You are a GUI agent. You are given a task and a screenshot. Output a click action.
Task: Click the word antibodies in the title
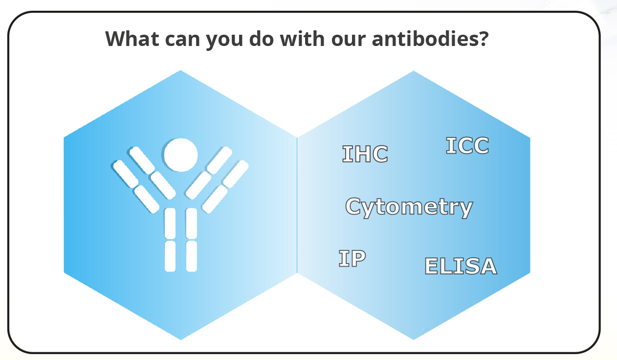click(x=424, y=38)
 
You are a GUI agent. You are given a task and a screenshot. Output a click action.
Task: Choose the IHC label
click(x=365, y=154)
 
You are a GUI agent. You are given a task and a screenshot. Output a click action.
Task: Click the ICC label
click(x=467, y=146)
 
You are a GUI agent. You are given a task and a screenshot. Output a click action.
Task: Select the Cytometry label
click(x=409, y=207)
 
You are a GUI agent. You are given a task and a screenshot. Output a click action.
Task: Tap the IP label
click(x=352, y=258)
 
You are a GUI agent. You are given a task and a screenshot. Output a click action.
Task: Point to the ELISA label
click(x=460, y=266)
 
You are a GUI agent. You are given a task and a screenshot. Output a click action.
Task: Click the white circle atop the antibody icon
click(x=180, y=155)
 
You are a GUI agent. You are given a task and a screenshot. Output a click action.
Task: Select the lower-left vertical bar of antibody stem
click(x=170, y=255)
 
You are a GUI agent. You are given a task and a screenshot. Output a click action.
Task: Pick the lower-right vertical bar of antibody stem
click(x=192, y=255)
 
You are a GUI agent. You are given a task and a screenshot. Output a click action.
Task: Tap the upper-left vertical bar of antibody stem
click(x=170, y=223)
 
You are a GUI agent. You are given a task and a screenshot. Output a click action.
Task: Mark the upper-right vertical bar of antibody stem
click(x=192, y=223)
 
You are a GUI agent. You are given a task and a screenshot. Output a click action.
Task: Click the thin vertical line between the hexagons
click(x=297, y=205)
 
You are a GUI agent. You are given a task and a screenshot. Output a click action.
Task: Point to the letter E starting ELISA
click(x=431, y=266)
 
